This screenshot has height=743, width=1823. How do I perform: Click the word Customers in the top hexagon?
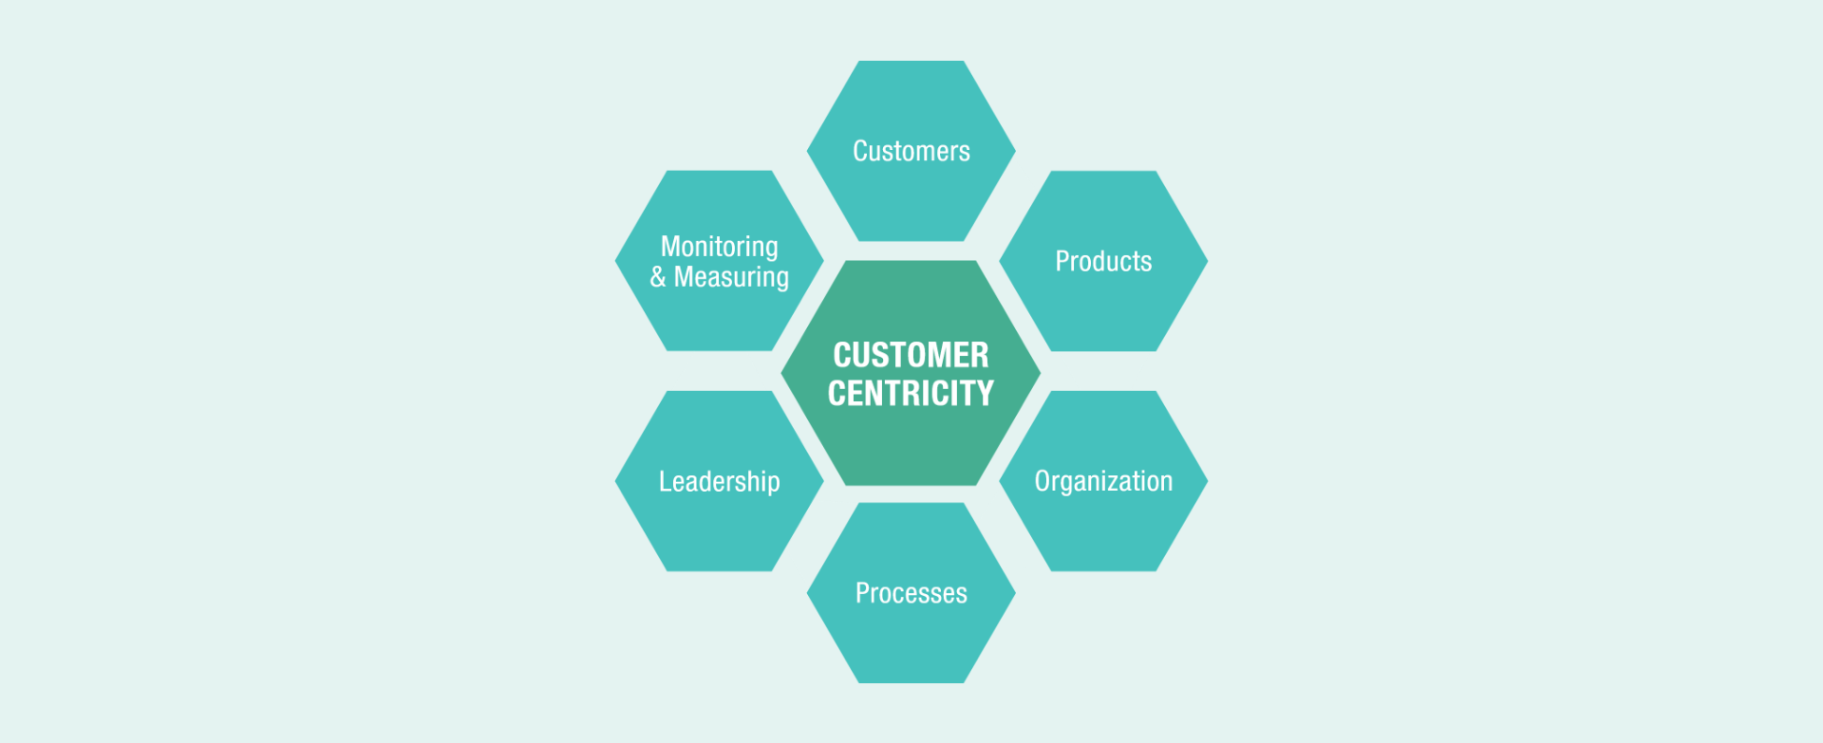pyautogui.click(x=911, y=151)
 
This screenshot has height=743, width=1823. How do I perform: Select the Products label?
pyautogui.click(x=1103, y=261)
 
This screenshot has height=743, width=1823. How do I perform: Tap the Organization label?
pyautogui.click(x=1103, y=481)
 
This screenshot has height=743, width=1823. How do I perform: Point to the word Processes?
pyautogui.click(x=911, y=593)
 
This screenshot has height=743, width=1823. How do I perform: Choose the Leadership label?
pyautogui.click(x=720, y=481)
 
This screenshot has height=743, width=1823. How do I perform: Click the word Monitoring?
pyautogui.click(x=720, y=247)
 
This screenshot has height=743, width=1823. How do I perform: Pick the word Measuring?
pyautogui.click(x=731, y=277)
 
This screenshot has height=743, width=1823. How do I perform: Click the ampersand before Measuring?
pyautogui.click(x=658, y=277)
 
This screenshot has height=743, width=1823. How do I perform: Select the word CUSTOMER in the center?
pyautogui.click(x=911, y=355)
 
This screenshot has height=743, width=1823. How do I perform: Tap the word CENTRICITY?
pyautogui.click(x=911, y=393)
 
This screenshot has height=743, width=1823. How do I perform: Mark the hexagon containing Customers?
pyautogui.click(x=911, y=199)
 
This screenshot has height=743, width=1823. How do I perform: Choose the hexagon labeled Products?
pyautogui.click(x=1103, y=308)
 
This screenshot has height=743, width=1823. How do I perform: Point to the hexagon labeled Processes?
pyautogui.click(x=911, y=641)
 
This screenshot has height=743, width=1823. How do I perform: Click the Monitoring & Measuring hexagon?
pyautogui.click(x=720, y=318)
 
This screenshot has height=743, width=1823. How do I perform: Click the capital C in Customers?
pyautogui.click(x=859, y=151)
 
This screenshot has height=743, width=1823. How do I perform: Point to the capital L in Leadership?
pyautogui.click(x=664, y=481)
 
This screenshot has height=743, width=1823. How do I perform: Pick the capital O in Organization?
pyautogui.click(x=1042, y=481)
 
